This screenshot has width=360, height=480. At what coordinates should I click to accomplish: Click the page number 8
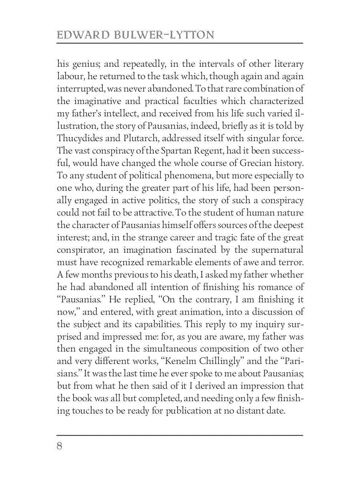[60, 446]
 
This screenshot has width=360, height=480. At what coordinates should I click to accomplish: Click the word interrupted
[78, 89]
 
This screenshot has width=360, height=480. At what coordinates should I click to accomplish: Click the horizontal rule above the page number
[180, 435]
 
